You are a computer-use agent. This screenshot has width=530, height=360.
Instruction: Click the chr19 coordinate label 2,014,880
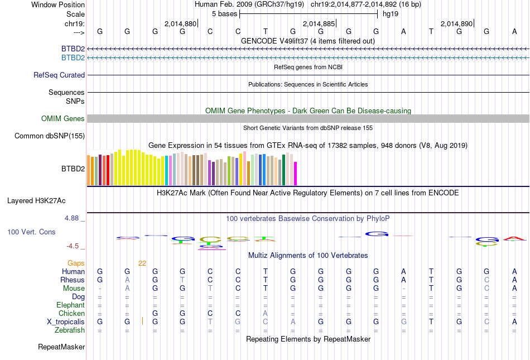point(180,24)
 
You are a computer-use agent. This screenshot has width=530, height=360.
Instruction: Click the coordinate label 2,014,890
point(456,24)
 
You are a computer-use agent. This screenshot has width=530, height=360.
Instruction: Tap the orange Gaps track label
point(76,263)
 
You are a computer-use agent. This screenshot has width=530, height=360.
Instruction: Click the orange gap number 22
point(142,263)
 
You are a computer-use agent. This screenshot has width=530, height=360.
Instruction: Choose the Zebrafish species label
point(70,330)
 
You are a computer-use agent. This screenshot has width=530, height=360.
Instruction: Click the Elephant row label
point(70,305)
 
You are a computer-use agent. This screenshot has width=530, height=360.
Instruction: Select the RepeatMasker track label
point(61,347)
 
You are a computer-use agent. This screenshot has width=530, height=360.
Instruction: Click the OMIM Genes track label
point(63,118)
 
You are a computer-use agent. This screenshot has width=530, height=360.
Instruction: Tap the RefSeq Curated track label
point(59,75)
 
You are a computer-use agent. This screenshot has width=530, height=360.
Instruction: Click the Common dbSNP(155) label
point(50,136)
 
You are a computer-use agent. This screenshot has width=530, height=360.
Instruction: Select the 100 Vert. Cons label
point(31,232)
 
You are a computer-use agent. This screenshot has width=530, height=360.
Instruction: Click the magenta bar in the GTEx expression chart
point(296,173)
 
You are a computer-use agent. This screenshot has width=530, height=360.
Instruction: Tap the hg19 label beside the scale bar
point(390,14)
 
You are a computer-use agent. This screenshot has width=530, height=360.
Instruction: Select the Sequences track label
point(66,93)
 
